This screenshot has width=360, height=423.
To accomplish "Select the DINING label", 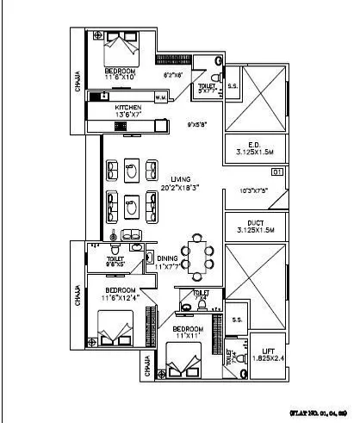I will tap(168, 258).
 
